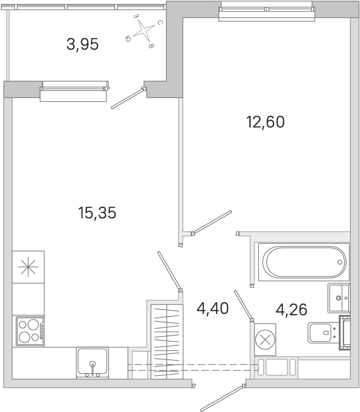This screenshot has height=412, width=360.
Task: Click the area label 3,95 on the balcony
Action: tap(82, 44)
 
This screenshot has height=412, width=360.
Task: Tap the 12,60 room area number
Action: tap(266, 122)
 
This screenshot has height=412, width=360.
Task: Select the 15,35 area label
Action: tap(97, 213)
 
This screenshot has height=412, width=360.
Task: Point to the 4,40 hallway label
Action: tap(213, 309)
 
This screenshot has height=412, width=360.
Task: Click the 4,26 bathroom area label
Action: tap(291, 310)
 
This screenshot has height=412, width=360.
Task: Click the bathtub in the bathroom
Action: tap(304, 262)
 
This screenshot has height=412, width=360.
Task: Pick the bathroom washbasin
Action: tap(339, 298)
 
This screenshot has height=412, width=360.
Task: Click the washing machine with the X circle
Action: tap(265, 340)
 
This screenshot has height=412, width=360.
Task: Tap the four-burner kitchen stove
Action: tap(30, 331)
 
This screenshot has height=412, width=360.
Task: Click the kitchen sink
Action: tap(93, 363)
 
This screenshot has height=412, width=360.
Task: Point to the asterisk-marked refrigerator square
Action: tap(28, 267)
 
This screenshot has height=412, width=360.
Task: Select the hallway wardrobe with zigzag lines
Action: tap(167, 342)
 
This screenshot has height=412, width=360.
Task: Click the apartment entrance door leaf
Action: tap(221, 398)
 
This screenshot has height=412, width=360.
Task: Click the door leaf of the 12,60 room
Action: tap(212, 222)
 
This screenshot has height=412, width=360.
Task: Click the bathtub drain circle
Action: tap(340, 262)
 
